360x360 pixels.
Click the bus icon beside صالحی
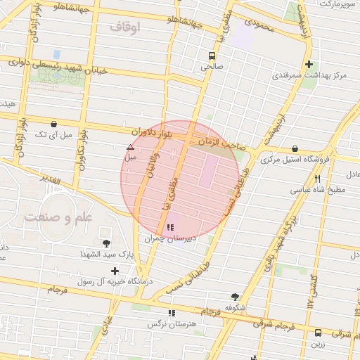pos(212,56)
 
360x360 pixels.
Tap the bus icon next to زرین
pos(319,333)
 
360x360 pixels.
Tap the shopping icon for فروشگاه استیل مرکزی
pos(294,148)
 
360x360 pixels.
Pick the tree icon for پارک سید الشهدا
pos(106,243)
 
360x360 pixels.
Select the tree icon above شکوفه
pos(234,297)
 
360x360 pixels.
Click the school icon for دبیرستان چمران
pos(170,228)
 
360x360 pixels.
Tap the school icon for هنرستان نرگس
pos(170,313)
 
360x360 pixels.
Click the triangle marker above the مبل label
pos(130,148)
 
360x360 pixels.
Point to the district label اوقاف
pos(125,27)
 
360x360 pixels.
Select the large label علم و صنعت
pos(58,217)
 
